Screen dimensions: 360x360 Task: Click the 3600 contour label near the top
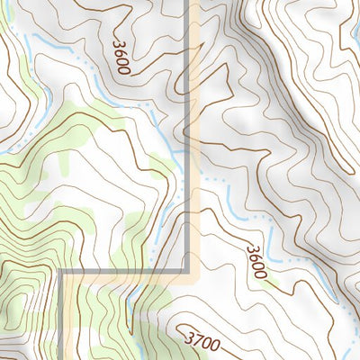click(x=122, y=56)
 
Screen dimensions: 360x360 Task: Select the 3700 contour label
click(x=202, y=341)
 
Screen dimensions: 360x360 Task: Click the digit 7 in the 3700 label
click(x=198, y=340)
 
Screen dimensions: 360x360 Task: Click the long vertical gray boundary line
click(x=189, y=135)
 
